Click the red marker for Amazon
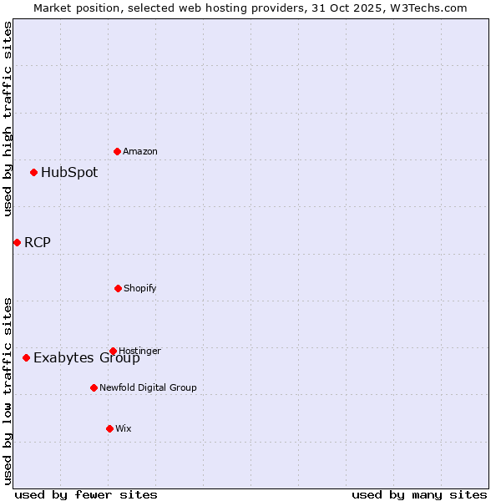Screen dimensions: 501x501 117,151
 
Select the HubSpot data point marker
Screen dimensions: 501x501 33,173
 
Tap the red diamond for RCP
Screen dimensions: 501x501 17,242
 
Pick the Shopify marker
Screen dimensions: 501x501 118,288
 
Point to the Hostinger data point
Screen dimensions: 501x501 113,351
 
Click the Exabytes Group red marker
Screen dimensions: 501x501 26,357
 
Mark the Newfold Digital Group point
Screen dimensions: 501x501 94,387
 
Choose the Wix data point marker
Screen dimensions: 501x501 109,428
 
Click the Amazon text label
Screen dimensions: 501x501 140,151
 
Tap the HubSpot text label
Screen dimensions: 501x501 69,173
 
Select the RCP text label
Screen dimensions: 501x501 38,242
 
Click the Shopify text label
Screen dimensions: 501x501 140,288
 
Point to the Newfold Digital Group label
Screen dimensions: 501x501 148,387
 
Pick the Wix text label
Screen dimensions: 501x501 124,428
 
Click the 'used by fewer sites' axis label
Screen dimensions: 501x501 86,494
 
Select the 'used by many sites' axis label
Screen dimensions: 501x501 419,494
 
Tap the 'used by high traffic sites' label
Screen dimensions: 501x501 8,119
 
